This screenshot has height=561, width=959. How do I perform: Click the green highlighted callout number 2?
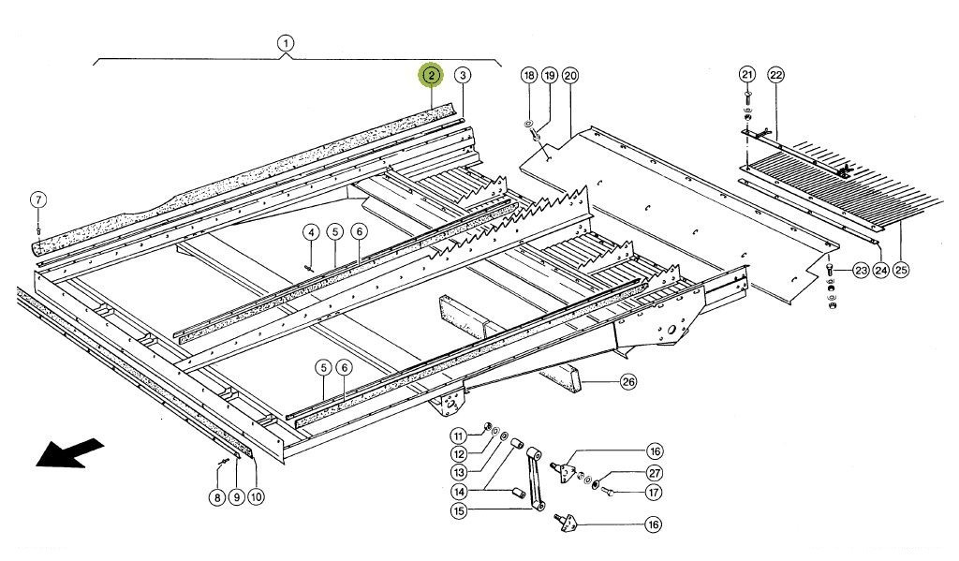pyautogui.click(x=431, y=75)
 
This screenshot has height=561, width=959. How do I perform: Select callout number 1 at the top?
pyautogui.click(x=286, y=43)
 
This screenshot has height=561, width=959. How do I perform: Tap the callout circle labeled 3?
pyautogui.click(x=464, y=75)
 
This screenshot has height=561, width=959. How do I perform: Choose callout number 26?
pyautogui.click(x=628, y=381)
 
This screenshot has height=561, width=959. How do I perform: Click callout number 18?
pyautogui.click(x=529, y=75)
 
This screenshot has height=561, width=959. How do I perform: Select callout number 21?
pyautogui.click(x=746, y=75)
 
